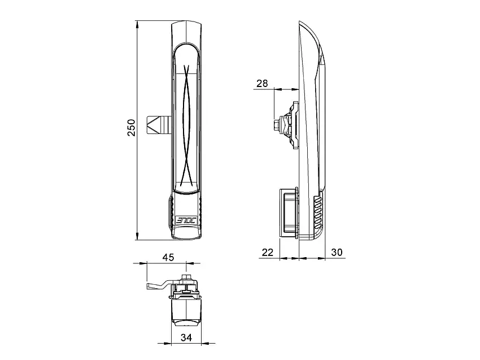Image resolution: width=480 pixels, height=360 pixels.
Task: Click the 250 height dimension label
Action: pos(131,128)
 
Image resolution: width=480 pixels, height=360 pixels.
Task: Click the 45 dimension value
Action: pos(168,257)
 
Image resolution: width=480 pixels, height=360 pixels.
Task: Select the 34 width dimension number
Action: pos(186,337)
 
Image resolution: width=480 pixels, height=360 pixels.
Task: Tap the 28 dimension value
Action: pos(262,83)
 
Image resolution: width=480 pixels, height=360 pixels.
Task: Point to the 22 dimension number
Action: pos(268,253)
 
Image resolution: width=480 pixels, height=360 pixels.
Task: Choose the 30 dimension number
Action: pos(337,252)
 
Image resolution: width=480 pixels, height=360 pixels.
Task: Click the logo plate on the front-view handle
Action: pos(186,220)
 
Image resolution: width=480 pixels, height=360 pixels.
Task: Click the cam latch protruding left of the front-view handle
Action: pos(159,125)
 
